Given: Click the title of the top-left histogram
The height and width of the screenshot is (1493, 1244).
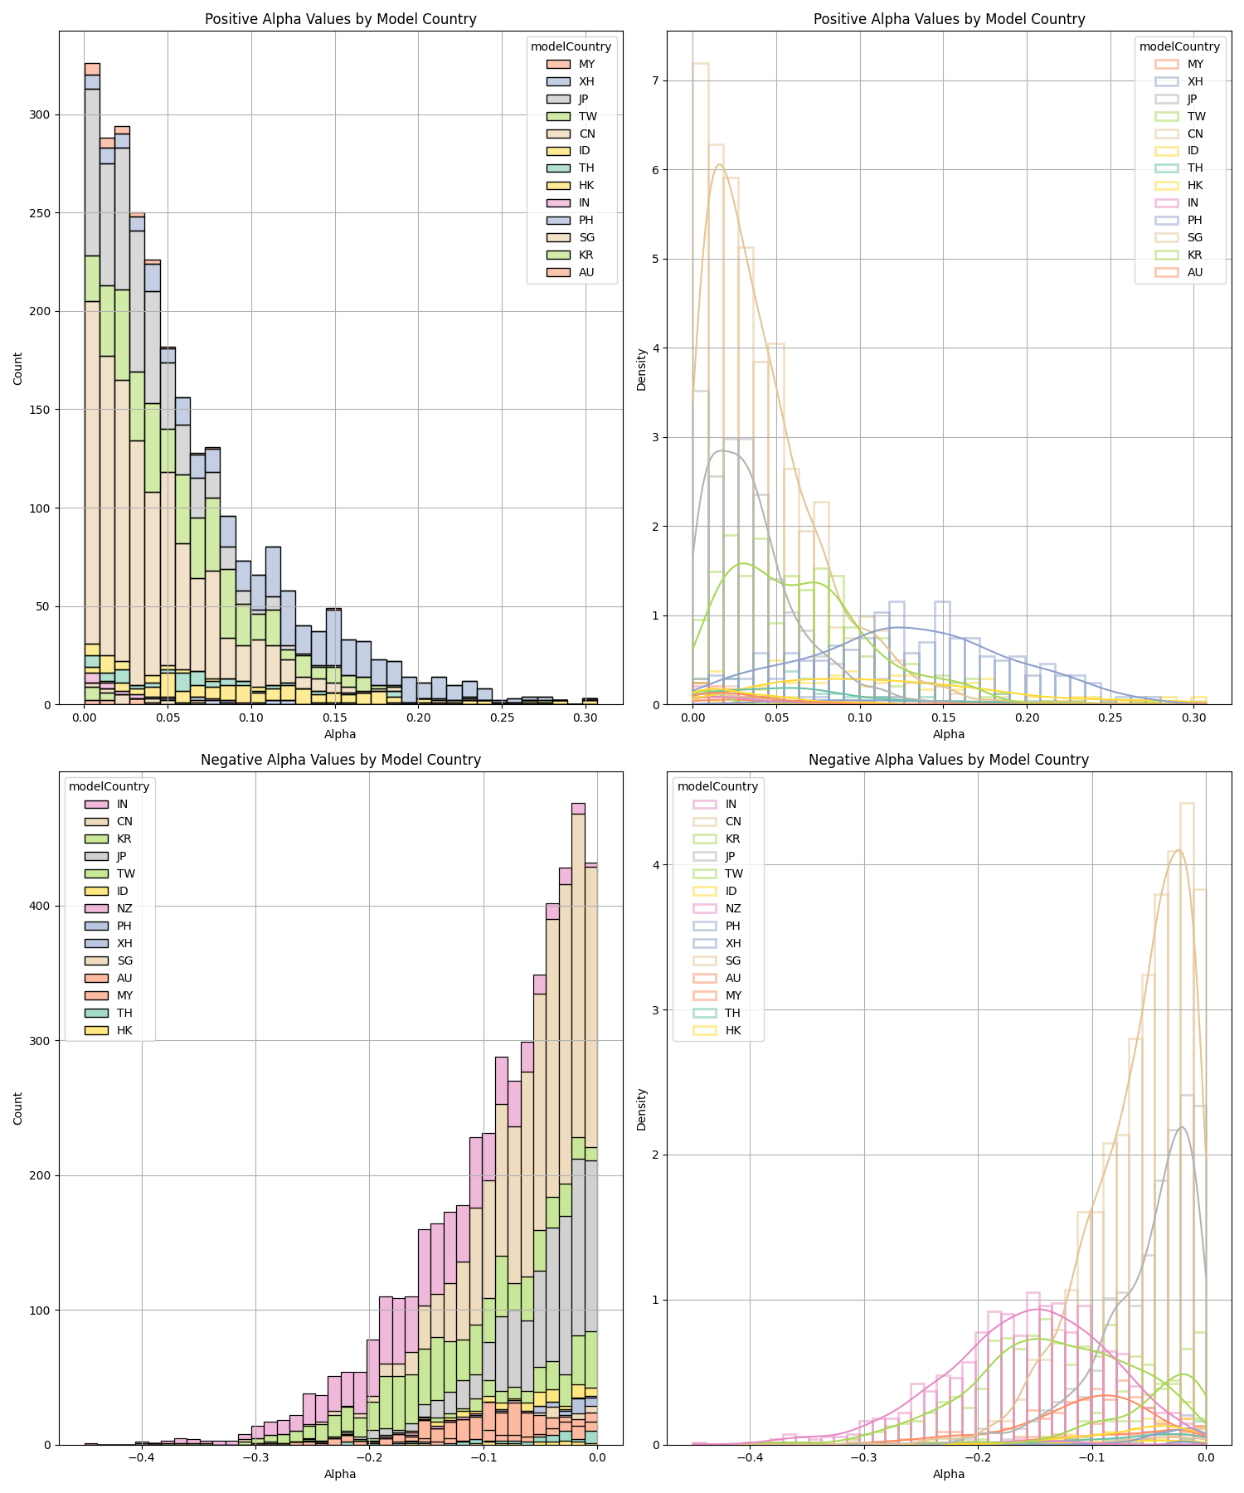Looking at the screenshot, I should (340, 19).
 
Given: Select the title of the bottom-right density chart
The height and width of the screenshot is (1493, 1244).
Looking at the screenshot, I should (948, 760).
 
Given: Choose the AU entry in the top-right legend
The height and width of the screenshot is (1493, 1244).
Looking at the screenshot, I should (1195, 272).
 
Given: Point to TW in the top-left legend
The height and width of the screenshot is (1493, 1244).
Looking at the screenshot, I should (588, 116).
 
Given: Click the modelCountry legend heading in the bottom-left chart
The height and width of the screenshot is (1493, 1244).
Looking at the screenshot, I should (109, 786).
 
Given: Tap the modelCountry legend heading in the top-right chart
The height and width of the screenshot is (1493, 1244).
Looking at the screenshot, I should (1179, 46).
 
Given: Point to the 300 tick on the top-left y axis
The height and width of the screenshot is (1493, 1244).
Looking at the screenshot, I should (40, 114).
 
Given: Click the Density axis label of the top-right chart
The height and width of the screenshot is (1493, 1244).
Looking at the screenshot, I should (641, 369).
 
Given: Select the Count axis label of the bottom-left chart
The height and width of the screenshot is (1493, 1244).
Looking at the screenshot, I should (18, 1109).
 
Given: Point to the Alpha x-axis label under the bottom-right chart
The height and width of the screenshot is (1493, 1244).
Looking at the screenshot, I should (948, 1474).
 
